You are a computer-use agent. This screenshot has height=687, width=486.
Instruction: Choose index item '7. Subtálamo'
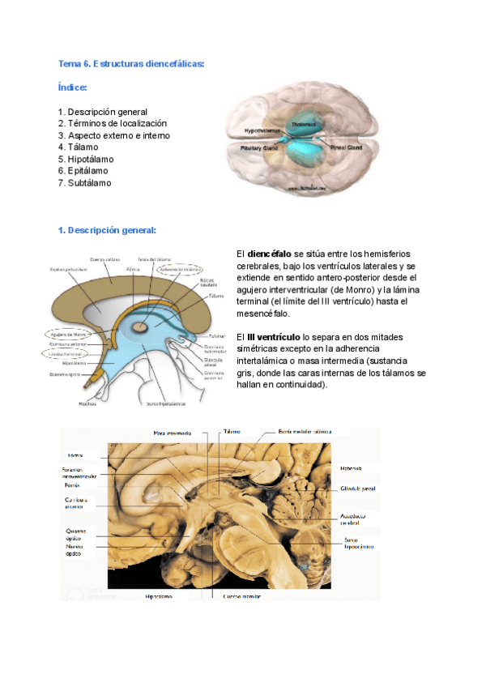pos(85,183)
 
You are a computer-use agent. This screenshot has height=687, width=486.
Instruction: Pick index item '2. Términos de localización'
pos(112,123)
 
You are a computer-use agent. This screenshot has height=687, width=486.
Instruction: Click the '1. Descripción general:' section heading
pos(107,231)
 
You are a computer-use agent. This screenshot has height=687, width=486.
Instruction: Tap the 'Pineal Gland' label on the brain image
pos(345,148)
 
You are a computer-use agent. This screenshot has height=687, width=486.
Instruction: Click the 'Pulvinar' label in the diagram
pos(216,334)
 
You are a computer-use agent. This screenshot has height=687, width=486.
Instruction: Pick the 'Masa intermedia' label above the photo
pos(173,433)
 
